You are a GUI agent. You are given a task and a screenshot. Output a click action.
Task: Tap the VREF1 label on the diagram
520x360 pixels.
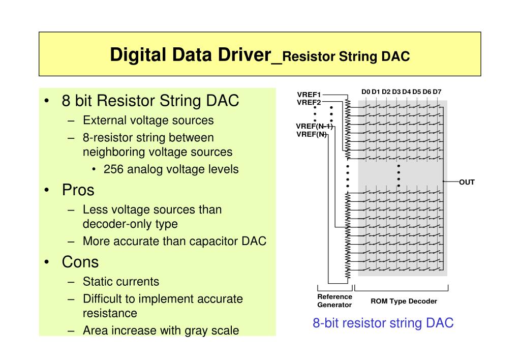coord(309,95)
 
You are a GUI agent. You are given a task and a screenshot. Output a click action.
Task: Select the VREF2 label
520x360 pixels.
coord(309,102)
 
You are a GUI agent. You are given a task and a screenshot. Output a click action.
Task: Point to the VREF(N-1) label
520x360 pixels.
coord(314,126)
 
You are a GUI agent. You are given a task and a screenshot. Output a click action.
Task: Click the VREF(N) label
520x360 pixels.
coord(312,134)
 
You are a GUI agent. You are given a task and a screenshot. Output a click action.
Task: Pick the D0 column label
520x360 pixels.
coord(366,92)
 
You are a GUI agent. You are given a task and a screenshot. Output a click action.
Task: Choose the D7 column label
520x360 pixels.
coord(437,92)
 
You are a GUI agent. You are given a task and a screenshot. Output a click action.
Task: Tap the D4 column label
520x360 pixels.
coord(407,92)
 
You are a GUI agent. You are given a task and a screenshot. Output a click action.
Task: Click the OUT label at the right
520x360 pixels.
coord(467,182)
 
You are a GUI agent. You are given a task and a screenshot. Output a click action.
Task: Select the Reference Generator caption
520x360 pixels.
coord(334,301)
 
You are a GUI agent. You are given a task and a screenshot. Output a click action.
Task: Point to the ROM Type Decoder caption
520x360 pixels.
coord(404,301)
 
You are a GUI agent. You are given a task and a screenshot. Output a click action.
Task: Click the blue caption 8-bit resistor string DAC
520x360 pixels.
coord(383,323)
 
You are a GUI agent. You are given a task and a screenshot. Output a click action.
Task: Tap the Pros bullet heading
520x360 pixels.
coord(78,190)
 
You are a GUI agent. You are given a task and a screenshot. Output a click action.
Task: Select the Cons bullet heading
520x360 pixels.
coord(80,262)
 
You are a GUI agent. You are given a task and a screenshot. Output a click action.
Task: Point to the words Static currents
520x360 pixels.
coord(121,282)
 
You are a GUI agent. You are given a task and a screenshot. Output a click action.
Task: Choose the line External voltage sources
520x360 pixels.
coord(148,121)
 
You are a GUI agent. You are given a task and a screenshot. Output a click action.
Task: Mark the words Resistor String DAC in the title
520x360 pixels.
coord(346,56)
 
